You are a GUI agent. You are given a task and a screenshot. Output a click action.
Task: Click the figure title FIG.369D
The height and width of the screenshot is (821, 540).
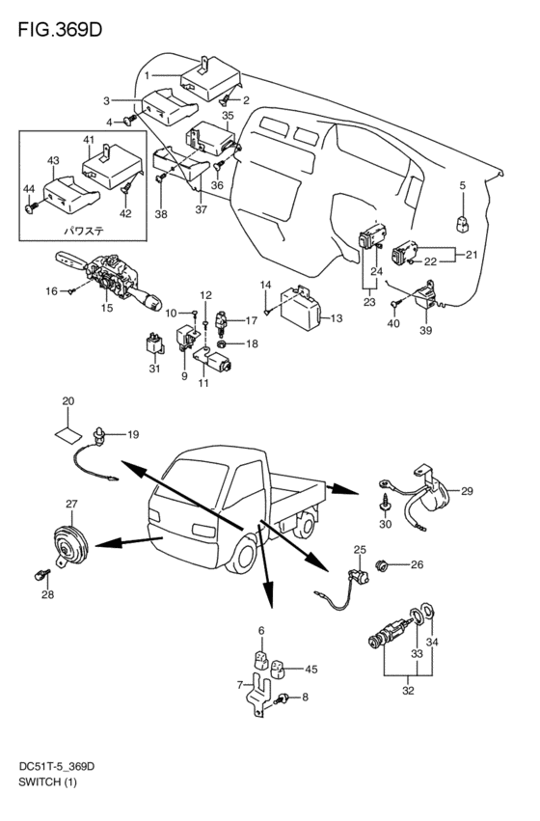60,30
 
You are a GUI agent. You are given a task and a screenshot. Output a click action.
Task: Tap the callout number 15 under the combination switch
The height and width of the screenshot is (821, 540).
107,308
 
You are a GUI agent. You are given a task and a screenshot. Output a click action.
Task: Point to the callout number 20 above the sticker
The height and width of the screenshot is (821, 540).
68,401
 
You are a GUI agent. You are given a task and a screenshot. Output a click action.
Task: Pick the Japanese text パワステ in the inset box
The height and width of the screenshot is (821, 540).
82,230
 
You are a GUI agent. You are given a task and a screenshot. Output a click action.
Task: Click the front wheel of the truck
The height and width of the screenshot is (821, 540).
245,557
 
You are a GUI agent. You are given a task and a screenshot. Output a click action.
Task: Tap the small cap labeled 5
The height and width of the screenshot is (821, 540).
463,224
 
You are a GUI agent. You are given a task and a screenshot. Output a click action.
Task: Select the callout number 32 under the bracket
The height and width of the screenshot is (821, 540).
408,691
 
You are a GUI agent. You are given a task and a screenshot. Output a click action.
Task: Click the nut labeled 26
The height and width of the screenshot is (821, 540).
382,565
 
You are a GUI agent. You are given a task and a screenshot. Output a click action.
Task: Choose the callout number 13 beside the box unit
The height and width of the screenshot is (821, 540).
337,318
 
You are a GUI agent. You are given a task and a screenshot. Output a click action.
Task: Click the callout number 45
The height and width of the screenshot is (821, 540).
310,670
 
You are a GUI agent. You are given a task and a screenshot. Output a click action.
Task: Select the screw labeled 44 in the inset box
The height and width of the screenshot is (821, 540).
31,207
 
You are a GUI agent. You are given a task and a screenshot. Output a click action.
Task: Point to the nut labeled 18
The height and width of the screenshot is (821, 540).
222,344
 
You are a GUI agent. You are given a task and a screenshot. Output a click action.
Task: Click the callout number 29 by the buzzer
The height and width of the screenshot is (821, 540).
467,491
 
